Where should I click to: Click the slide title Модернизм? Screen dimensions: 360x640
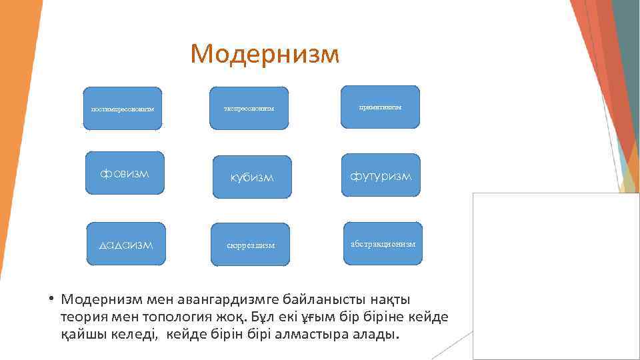[x=264, y=54]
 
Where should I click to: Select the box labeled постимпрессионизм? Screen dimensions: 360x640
[x=122, y=108]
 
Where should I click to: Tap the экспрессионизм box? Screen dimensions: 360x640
[x=249, y=108]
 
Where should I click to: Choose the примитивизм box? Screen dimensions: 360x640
[x=380, y=107]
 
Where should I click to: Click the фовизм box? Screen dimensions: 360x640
[x=125, y=174]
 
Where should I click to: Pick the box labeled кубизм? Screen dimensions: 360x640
[x=252, y=177]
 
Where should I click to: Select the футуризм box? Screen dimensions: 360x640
[x=381, y=175]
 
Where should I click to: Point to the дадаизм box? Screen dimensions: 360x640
[x=126, y=244]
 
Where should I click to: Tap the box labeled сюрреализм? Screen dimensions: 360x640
[x=250, y=245]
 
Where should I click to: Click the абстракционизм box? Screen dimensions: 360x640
[x=383, y=243]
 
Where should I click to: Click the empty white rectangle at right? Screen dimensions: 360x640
[x=555, y=276]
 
